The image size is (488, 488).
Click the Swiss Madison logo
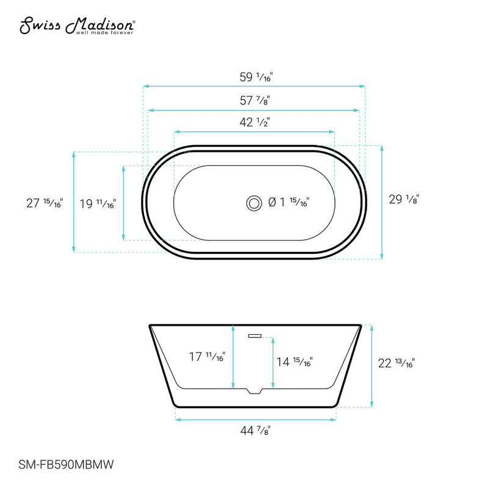tap(77, 26)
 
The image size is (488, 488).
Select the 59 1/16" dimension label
tap(255, 77)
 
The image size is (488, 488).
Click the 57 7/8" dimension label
tap(255, 100)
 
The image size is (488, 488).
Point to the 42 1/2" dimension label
tap(255, 122)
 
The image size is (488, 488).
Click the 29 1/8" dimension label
tap(404, 198)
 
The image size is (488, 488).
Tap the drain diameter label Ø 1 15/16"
tap(289, 202)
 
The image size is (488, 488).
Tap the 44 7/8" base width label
tap(255, 431)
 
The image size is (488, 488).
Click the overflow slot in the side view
tap(254, 334)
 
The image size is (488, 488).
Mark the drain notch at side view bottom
tap(254, 390)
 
